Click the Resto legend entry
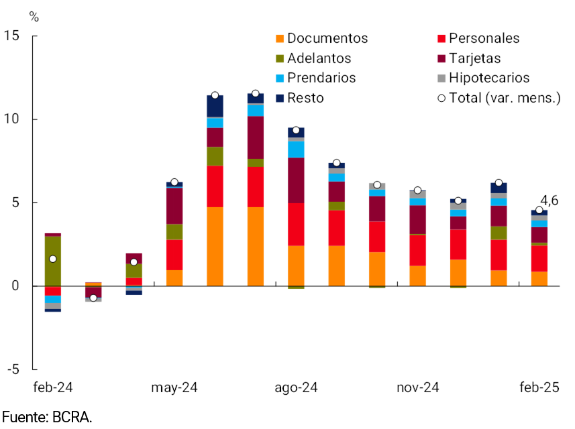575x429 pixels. tap(305, 98)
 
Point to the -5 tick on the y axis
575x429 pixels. tap(13, 369)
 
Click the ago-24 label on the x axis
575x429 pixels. tap(296, 388)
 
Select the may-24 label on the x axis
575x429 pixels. tap(174, 388)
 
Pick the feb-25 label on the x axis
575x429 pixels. tap(539, 388)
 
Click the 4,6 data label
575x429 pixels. tap(550, 200)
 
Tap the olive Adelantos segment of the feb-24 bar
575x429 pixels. tap(53, 261)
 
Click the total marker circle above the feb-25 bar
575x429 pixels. tap(539, 210)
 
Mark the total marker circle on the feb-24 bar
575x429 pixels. tap(53, 259)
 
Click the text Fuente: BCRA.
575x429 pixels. tap(46, 417)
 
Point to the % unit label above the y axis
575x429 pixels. tap(34, 17)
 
